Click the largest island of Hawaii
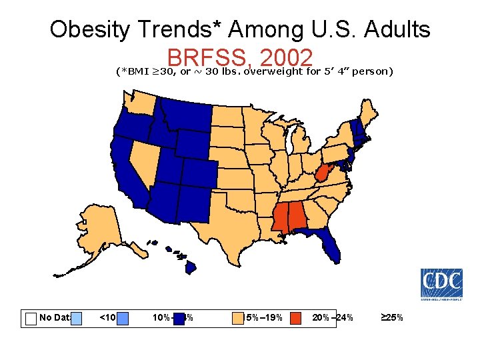(191, 267)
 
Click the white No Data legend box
(31, 318)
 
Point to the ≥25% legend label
(391, 318)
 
